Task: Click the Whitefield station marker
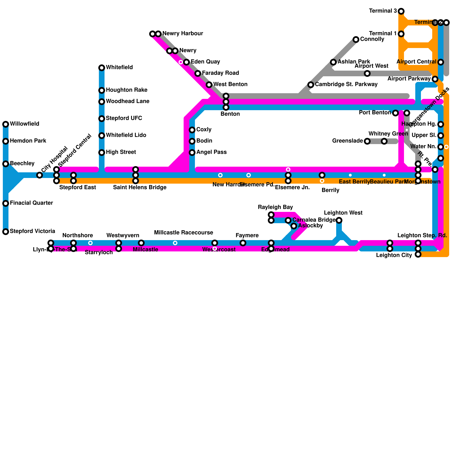(x=102, y=68)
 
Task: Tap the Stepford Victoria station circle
(x=6, y=232)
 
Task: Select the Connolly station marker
(x=356, y=40)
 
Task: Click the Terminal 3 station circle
(x=401, y=11)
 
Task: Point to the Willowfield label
(x=24, y=124)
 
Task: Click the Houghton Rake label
(x=127, y=90)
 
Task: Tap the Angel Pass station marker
(x=192, y=153)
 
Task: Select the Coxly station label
(x=204, y=130)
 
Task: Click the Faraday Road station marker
(x=198, y=73)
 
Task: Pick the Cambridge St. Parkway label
(x=346, y=84)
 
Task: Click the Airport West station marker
(x=367, y=73)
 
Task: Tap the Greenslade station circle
(x=367, y=141)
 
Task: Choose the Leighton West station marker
(x=339, y=220)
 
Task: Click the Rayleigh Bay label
(x=275, y=207)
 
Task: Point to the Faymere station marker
(x=243, y=243)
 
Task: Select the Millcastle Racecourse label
(x=183, y=233)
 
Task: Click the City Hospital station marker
(x=40, y=175)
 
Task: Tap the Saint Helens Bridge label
(x=140, y=188)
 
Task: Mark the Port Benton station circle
(x=395, y=113)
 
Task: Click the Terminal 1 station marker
(x=401, y=34)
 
